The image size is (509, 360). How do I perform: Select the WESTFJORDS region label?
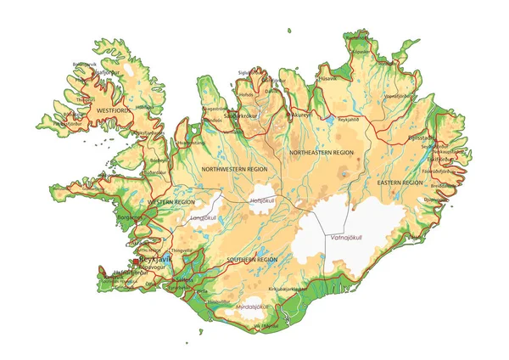115,110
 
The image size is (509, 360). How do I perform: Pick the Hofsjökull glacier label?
263,200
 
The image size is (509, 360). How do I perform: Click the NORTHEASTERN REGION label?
321,152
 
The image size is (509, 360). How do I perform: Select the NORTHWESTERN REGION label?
234,170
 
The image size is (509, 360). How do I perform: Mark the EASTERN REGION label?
399,183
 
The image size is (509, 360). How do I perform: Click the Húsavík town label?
327,78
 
